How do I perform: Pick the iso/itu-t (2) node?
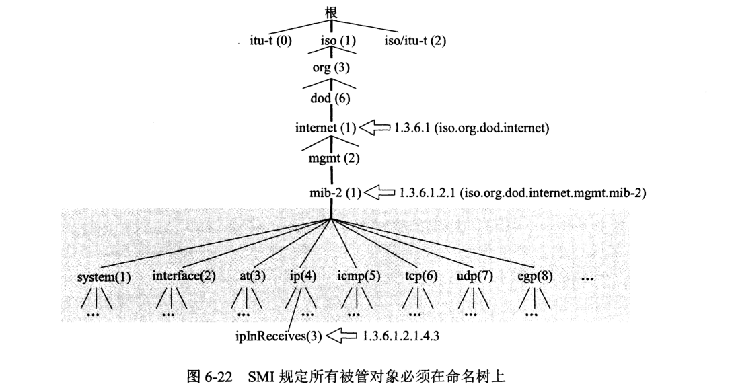415,40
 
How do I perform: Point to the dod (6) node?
330,98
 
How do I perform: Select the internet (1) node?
326,128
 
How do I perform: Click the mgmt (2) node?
330,160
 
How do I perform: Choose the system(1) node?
104,276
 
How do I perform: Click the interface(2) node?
184,276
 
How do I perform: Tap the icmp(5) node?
359,276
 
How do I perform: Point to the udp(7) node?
475,276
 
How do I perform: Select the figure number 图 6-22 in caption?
208,371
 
